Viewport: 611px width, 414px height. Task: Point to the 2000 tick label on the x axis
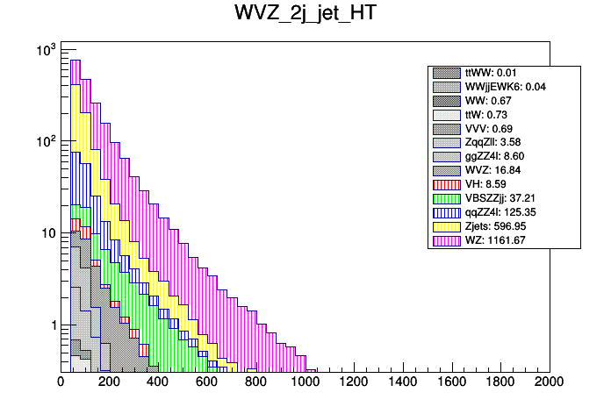(x=549, y=382)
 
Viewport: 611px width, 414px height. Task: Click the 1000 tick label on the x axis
(x=305, y=382)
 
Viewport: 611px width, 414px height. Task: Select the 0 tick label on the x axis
(x=61, y=382)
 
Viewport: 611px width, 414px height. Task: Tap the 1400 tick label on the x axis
(x=402, y=382)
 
